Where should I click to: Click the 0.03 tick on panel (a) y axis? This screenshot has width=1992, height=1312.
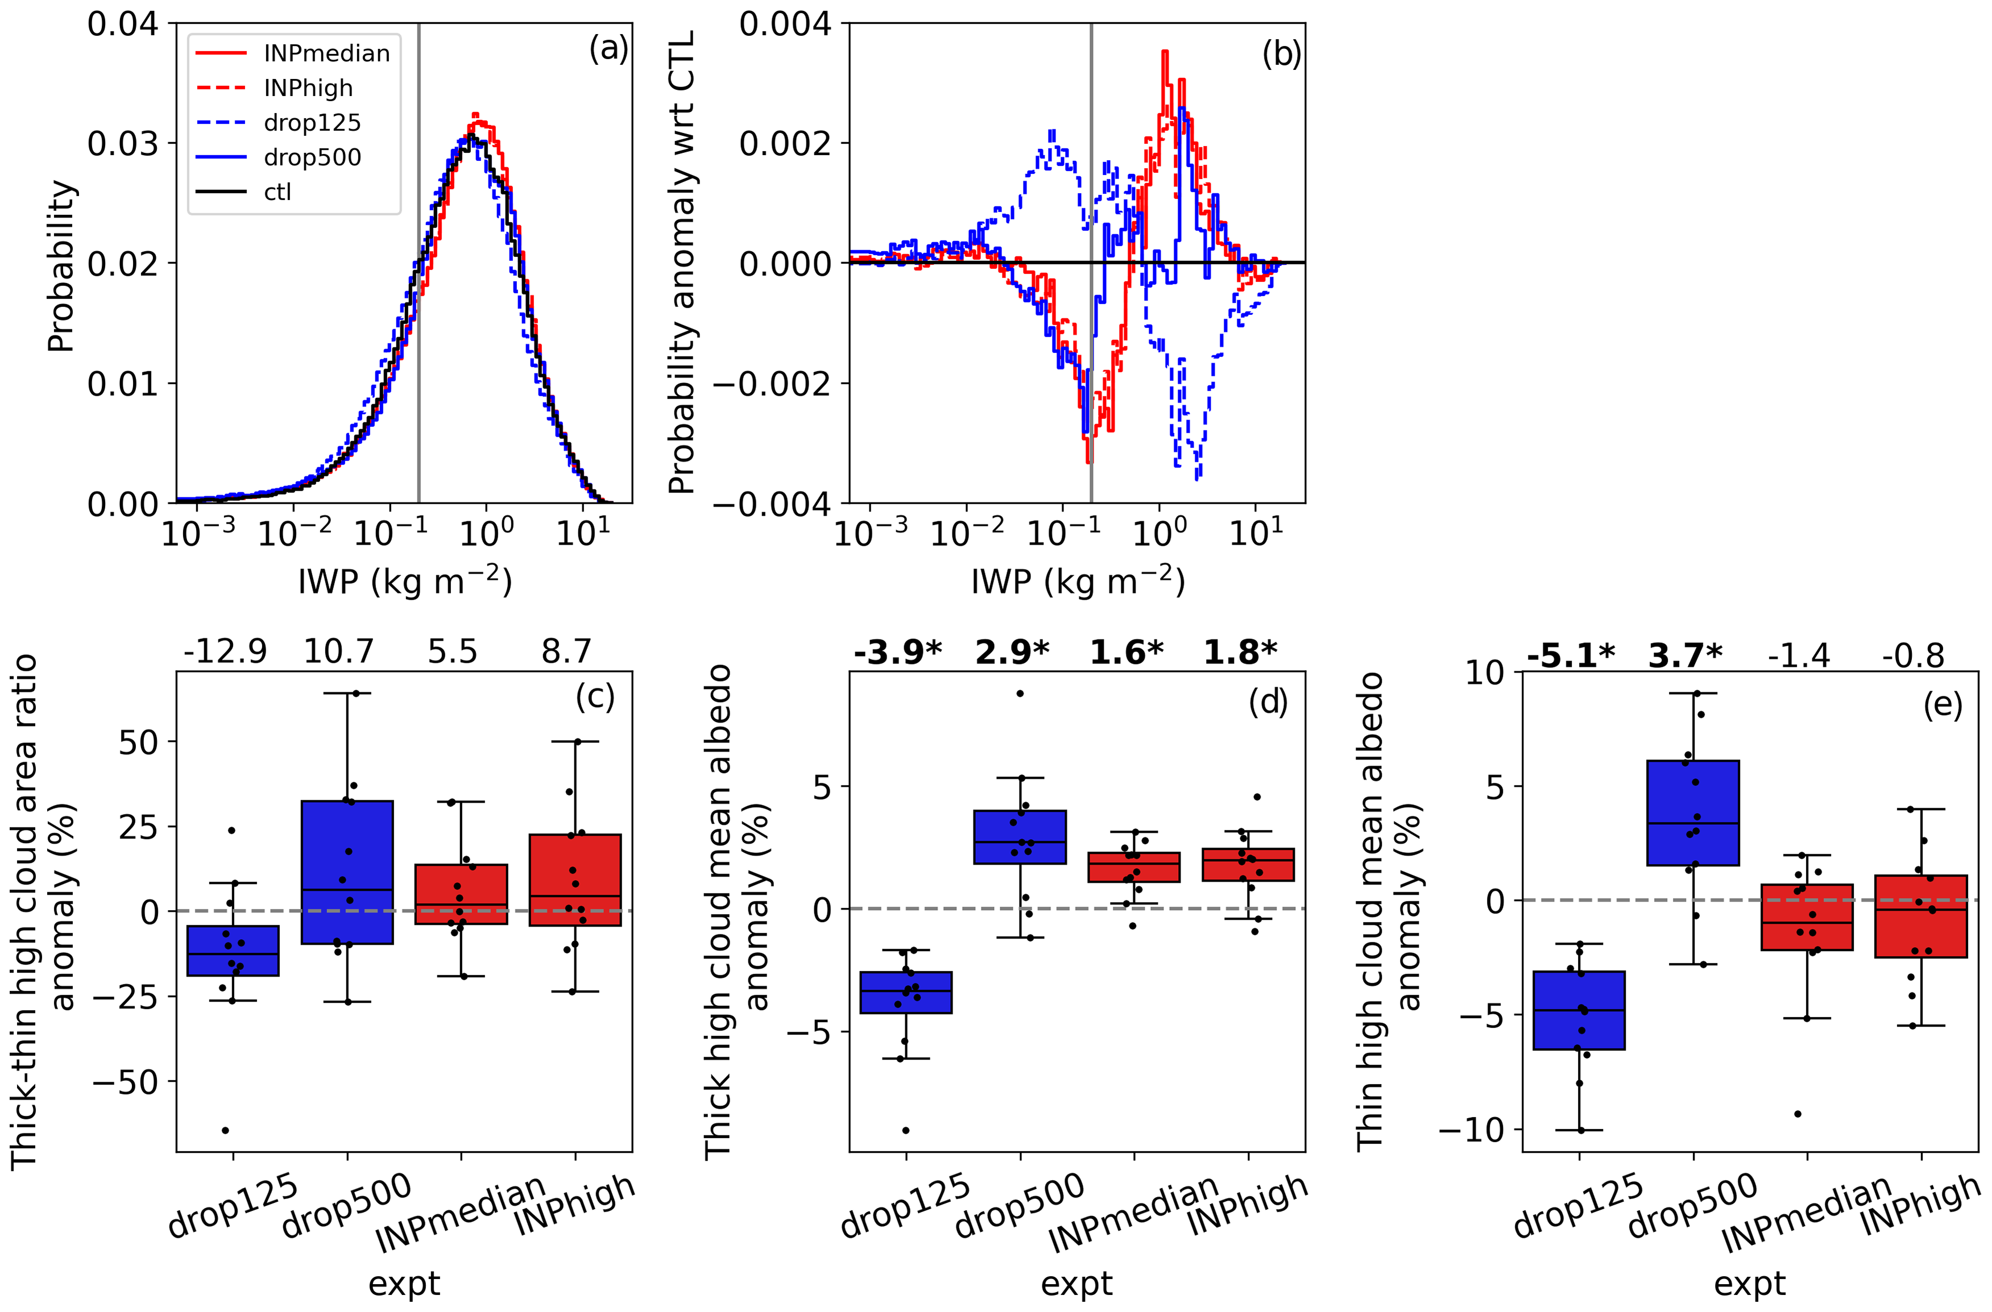[122, 143]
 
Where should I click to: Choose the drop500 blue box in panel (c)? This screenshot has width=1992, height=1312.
[347, 872]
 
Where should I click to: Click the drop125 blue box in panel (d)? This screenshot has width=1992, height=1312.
[906, 993]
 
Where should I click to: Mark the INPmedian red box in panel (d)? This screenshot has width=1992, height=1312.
[1134, 867]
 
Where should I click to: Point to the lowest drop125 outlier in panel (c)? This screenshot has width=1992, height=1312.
[225, 1131]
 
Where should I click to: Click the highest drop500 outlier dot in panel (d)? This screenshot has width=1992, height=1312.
[1020, 694]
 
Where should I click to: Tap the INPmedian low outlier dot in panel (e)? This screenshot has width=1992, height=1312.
[1798, 1114]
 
